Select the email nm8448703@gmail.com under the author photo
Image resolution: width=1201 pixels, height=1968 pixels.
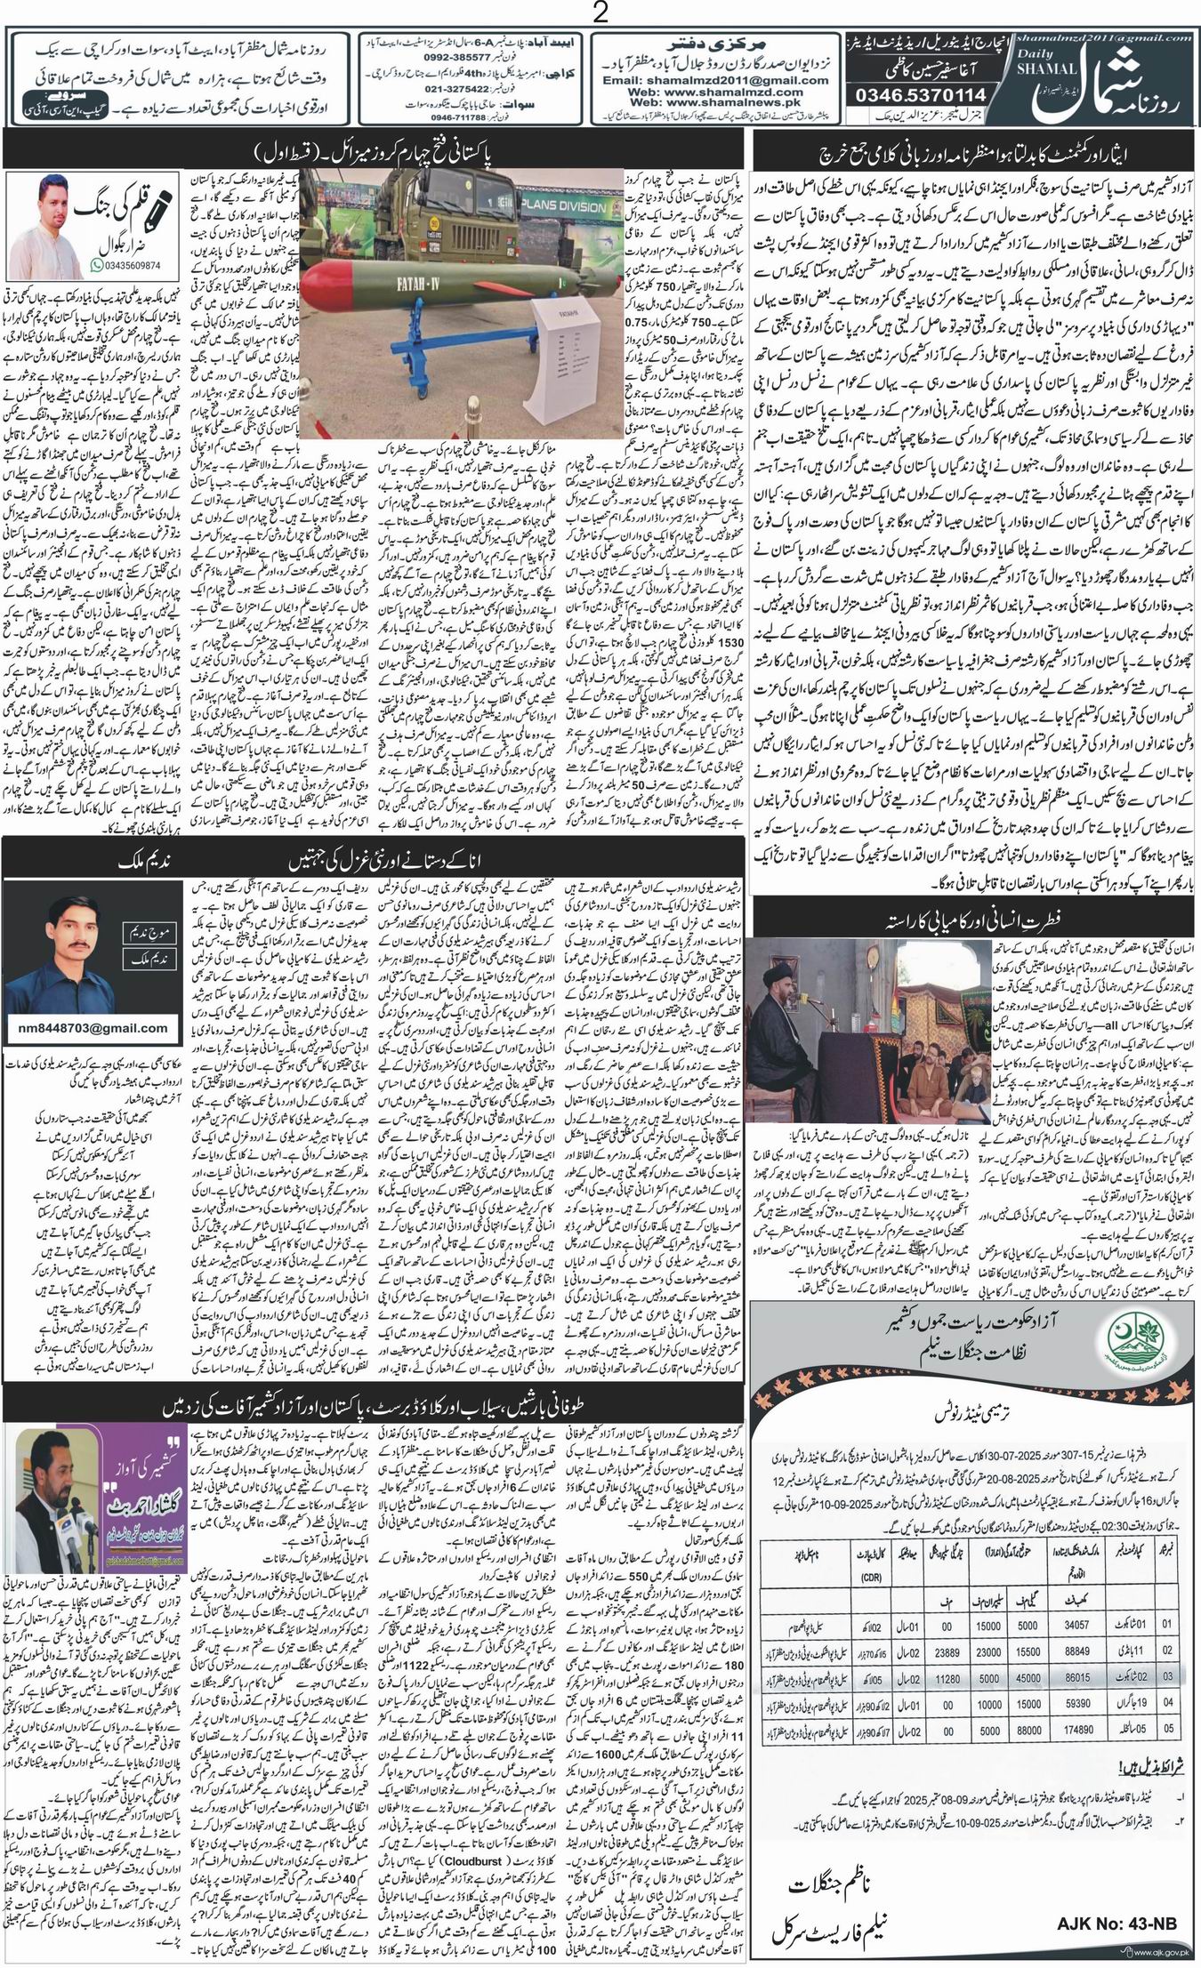pyautogui.click(x=93, y=1028)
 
